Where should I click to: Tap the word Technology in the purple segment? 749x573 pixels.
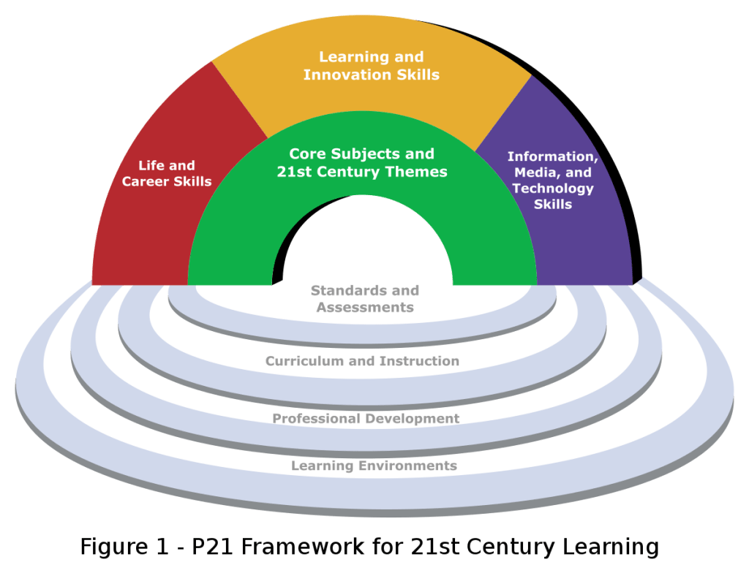(x=553, y=188)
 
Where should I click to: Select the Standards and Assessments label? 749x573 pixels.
(x=364, y=299)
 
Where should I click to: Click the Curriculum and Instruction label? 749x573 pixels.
(x=362, y=361)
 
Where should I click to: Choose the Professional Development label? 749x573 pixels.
(x=365, y=419)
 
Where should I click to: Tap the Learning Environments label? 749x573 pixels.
(x=374, y=466)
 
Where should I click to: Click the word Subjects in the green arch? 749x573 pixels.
(x=360, y=154)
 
